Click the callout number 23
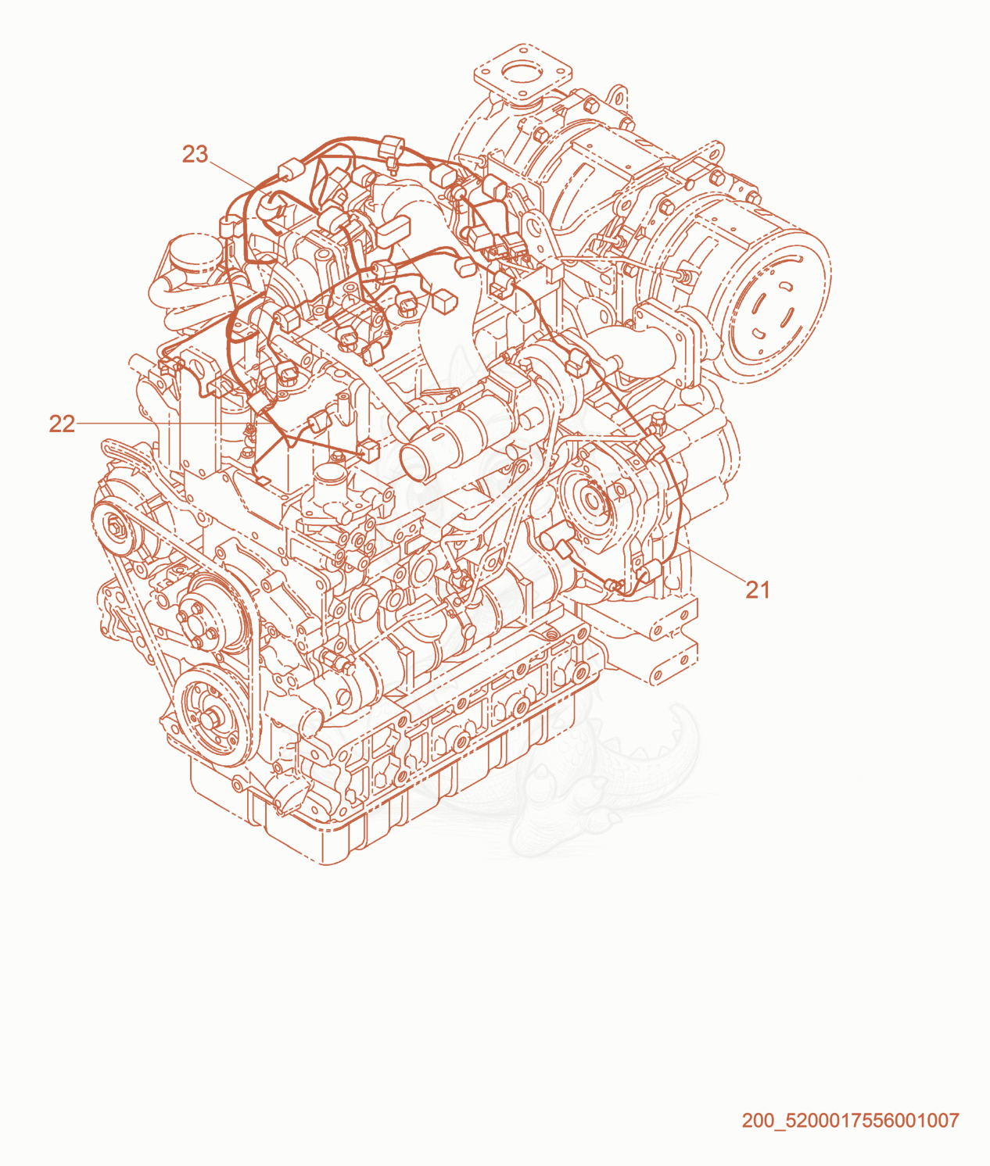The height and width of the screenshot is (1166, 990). tap(195, 154)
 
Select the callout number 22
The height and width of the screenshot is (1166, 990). tap(62, 424)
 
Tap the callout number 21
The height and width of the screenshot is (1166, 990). tap(758, 590)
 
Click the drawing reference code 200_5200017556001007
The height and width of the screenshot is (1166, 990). tap(850, 1120)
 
